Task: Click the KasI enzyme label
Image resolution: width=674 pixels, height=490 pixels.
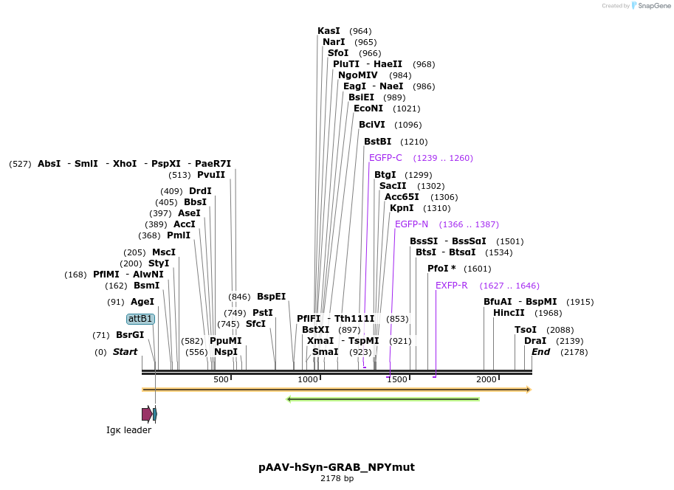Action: (x=329, y=31)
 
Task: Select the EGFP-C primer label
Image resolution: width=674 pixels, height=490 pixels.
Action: (x=385, y=158)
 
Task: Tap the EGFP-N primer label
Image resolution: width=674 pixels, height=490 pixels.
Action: (x=411, y=224)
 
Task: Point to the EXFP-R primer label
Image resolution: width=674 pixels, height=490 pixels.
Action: (x=451, y=286)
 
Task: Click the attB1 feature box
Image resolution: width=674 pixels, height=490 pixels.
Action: (x=140, y=319)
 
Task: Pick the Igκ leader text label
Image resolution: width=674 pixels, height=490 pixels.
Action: (x=128, y=430)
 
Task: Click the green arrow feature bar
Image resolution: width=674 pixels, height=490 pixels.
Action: (x=382, y=399)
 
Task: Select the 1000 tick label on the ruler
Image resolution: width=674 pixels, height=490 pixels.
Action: (x=307, y=379)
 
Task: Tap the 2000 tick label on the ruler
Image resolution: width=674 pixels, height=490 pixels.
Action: (x=486, y=379)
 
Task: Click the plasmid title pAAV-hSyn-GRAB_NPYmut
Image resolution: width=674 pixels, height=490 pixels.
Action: (x=337, y=467)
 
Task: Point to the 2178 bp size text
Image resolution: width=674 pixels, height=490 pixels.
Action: (x=337, y=478)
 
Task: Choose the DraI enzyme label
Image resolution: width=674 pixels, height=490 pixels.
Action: (x=534, y=341)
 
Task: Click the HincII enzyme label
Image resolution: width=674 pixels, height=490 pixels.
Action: (x=509, y=313)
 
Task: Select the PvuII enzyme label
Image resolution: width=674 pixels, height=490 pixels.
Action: (x=211, y=175)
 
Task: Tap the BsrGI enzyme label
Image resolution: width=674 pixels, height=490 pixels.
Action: (x=130, y=335)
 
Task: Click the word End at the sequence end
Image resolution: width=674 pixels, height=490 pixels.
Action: (x=540, y=352)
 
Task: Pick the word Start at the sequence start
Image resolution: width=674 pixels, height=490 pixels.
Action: (x=125, y=352)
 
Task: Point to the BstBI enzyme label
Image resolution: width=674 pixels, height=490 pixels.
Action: (x=377, y=142)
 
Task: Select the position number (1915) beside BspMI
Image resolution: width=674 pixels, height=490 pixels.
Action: (x=580, y=302)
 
